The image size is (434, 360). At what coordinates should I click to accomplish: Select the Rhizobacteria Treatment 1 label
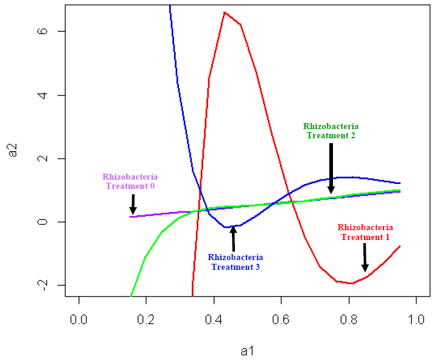coord(365,232)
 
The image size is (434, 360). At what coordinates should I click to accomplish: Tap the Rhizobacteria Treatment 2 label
coord(330,131)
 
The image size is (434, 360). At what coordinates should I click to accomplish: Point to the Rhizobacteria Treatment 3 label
coord(235,262)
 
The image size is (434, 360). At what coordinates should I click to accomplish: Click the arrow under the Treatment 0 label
coord(133,204)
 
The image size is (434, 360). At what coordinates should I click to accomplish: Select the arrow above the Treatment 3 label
coord(233,239)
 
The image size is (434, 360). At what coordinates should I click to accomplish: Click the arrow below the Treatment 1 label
coord(365,258)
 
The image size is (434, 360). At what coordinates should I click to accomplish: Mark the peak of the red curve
coord(225,12)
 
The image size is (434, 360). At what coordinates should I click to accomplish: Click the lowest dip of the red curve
coord(352,283)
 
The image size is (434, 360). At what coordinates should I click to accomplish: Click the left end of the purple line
coord(130,216)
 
